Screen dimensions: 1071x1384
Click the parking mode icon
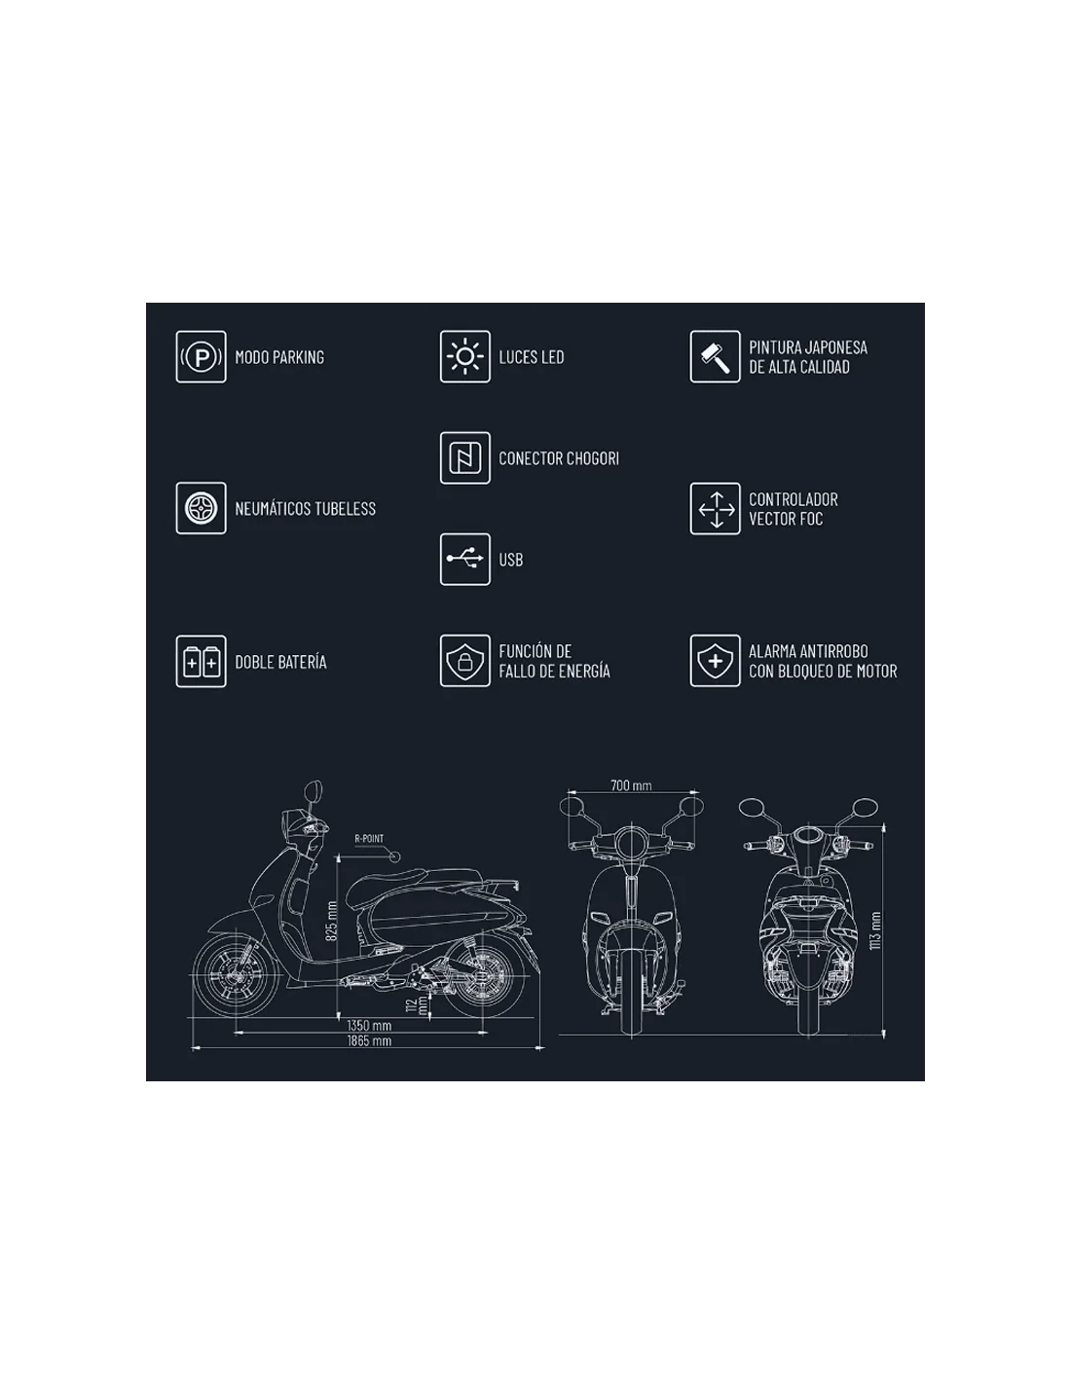pyautogui.click(x=201, y=356)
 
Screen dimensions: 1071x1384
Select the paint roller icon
pyautogui.click(x=715, y=356)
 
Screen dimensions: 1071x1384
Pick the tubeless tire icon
pyautogui.click(x=201, y=508)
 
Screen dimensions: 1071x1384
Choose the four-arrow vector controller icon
pyautogui.click(x=715, y=508)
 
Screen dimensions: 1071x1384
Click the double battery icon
pyautogui.click(x=201, y=661)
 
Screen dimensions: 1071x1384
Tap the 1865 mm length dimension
pyautogui.click(x=369, y=1040)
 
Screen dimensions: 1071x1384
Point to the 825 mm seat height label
pyautogui.click(x=331, y=921)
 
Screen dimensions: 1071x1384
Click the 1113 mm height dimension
pyautogui.click(x=875, y=930)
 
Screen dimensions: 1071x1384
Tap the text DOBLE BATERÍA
pyautogui.click(x=281, y=662)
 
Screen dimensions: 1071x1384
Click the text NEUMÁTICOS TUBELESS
pyautogui.click(x=306, y=508)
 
